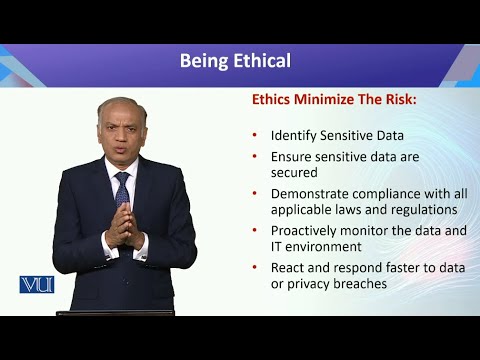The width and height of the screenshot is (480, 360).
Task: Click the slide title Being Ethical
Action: tap(235, 61)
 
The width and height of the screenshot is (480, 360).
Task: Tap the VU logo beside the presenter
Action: tap(36, 285)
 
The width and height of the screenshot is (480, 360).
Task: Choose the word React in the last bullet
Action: tap(288, 267)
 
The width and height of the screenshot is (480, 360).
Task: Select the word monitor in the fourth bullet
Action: tap(375, 230)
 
